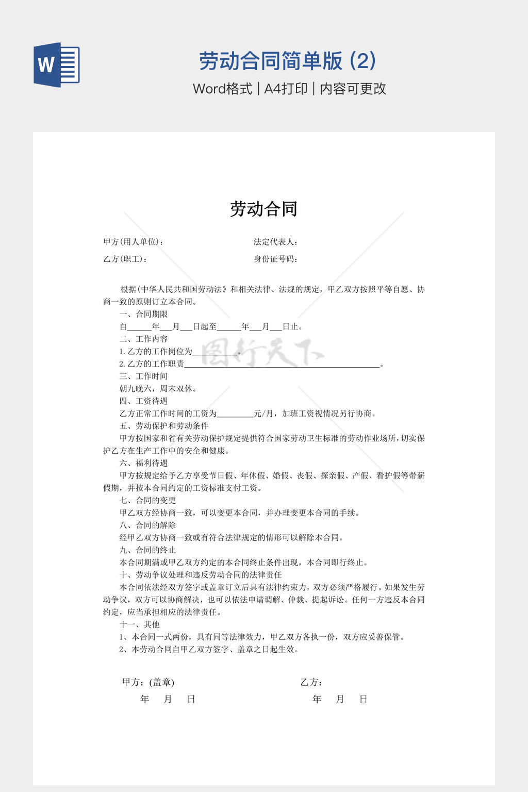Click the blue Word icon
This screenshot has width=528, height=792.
pos(57,64)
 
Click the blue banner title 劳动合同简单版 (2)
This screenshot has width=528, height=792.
pos(287,61)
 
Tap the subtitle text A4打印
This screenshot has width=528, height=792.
pos(286,89)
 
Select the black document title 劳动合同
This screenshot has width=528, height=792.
pos(263,209)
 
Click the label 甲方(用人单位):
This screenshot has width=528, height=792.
pos(134,242)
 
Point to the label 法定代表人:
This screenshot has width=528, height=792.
pos(276,242)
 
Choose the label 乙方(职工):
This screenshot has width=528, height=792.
pos(125,259)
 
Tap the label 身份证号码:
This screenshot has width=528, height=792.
pos(276,259)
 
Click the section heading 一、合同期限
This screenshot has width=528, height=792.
pos(143,314)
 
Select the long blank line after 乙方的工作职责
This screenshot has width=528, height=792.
pos(282,365)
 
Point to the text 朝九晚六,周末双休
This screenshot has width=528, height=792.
pos(158,389)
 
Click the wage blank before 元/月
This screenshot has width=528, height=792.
pos(235,415)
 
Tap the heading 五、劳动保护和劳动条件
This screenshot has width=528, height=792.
pos(164,426)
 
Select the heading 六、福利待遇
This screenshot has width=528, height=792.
pos(143,463)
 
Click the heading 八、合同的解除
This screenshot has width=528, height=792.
pos(147,525)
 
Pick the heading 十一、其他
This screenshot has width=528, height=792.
pos(139,624)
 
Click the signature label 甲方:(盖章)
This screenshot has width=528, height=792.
pos(148,682)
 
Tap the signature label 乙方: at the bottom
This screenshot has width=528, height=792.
pos(311,682)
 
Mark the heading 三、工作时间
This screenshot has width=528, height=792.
pos(143,376)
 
